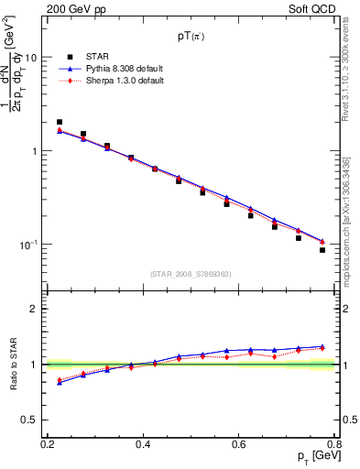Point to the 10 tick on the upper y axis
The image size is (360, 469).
pyautogui.click(x=31, y=57)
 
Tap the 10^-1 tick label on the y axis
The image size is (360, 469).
pyautogui.click(x=28, y=245)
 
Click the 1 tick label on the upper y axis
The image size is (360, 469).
pyautogui.click(x=35, y=151)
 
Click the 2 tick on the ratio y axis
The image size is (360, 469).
pyautogui.click(x=35, y=309)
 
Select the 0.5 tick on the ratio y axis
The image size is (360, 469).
pyautogui.click(x=30, y=420)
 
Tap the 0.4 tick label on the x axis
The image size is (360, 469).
pyautogui.click(x=142, y=444)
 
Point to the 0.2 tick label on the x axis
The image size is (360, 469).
pyautogui.click(x=47, y=444)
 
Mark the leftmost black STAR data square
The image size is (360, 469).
pyautogui.click(x=60, y=122)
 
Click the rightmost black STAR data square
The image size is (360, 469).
pyautogui.click(x=322, y=250)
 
